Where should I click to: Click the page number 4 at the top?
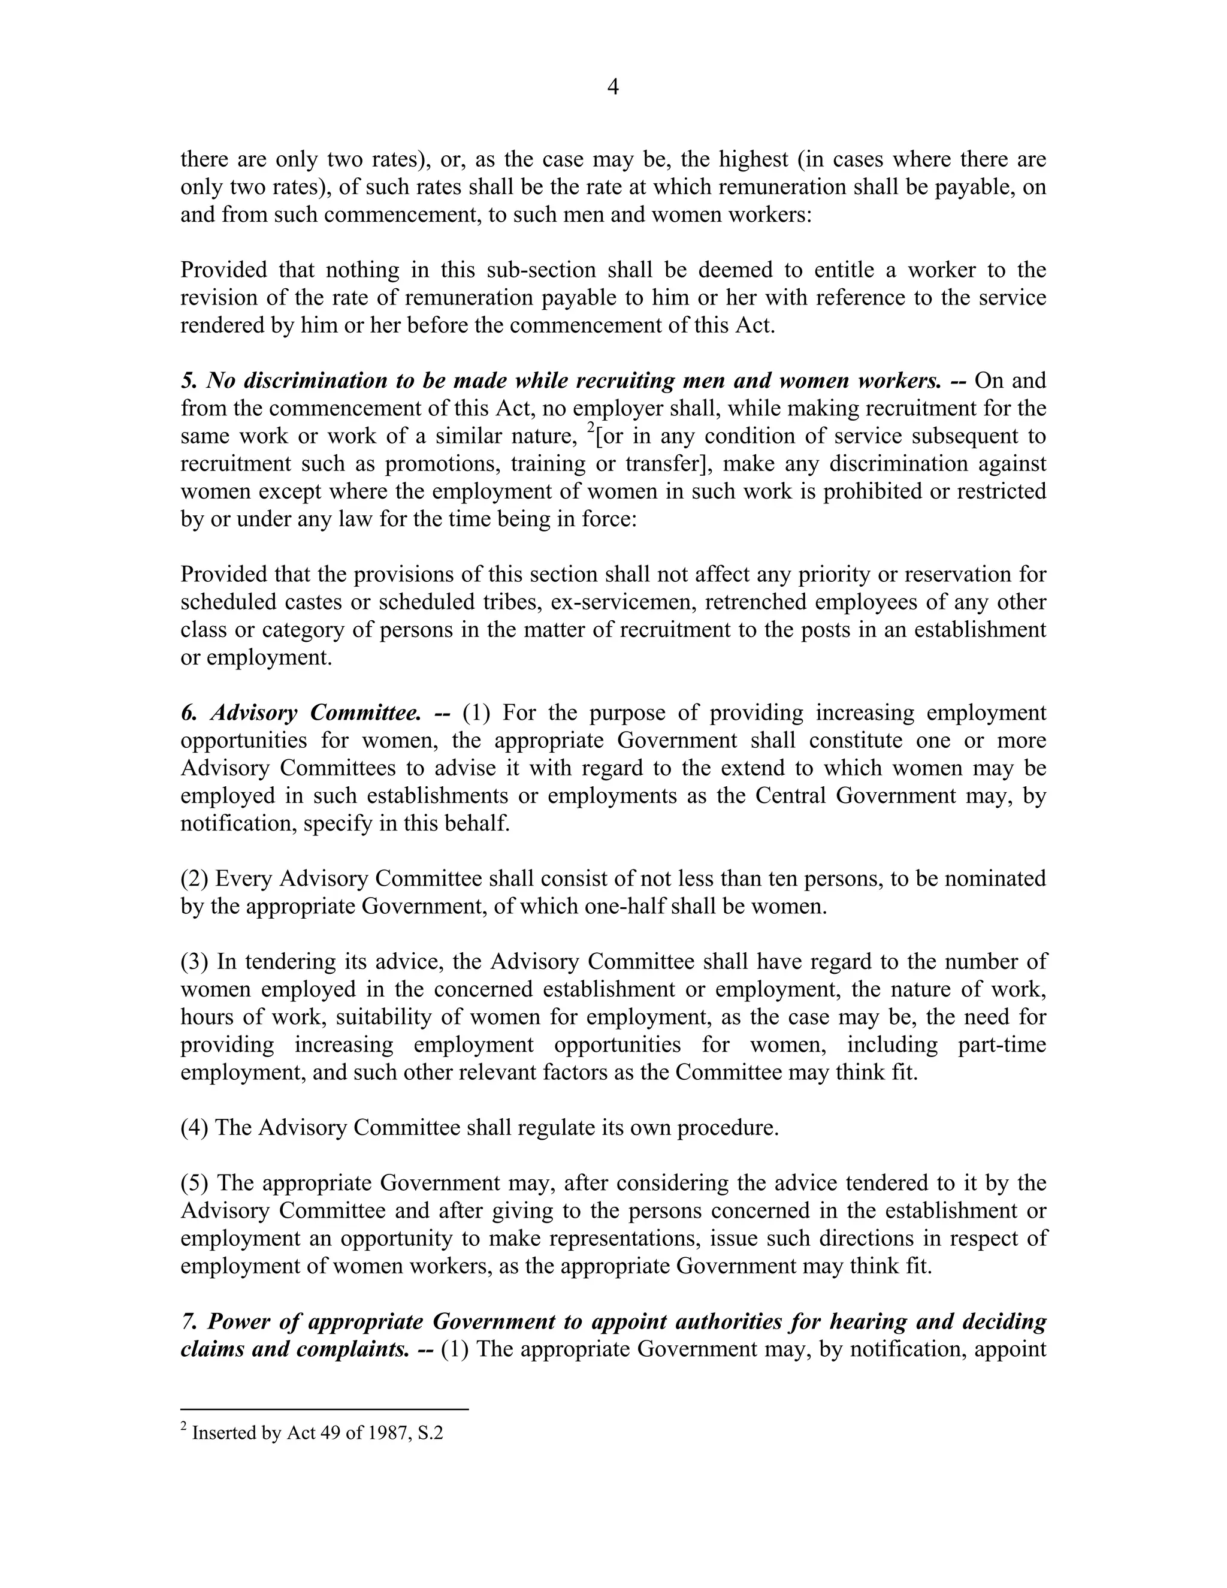pyautogui.click(x=613, y=88)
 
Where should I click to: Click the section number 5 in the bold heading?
pyautogui.click(x=188, y=381)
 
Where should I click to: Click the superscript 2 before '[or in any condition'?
pyautogui.click(x=591, y=428)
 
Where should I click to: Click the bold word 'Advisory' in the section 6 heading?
pyautogui.click(x=255, y=713)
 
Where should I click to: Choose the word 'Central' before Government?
pyautogui.click(x=791, y=796)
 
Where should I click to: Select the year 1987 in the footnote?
pyautogui.click(x=386, y=1434)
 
